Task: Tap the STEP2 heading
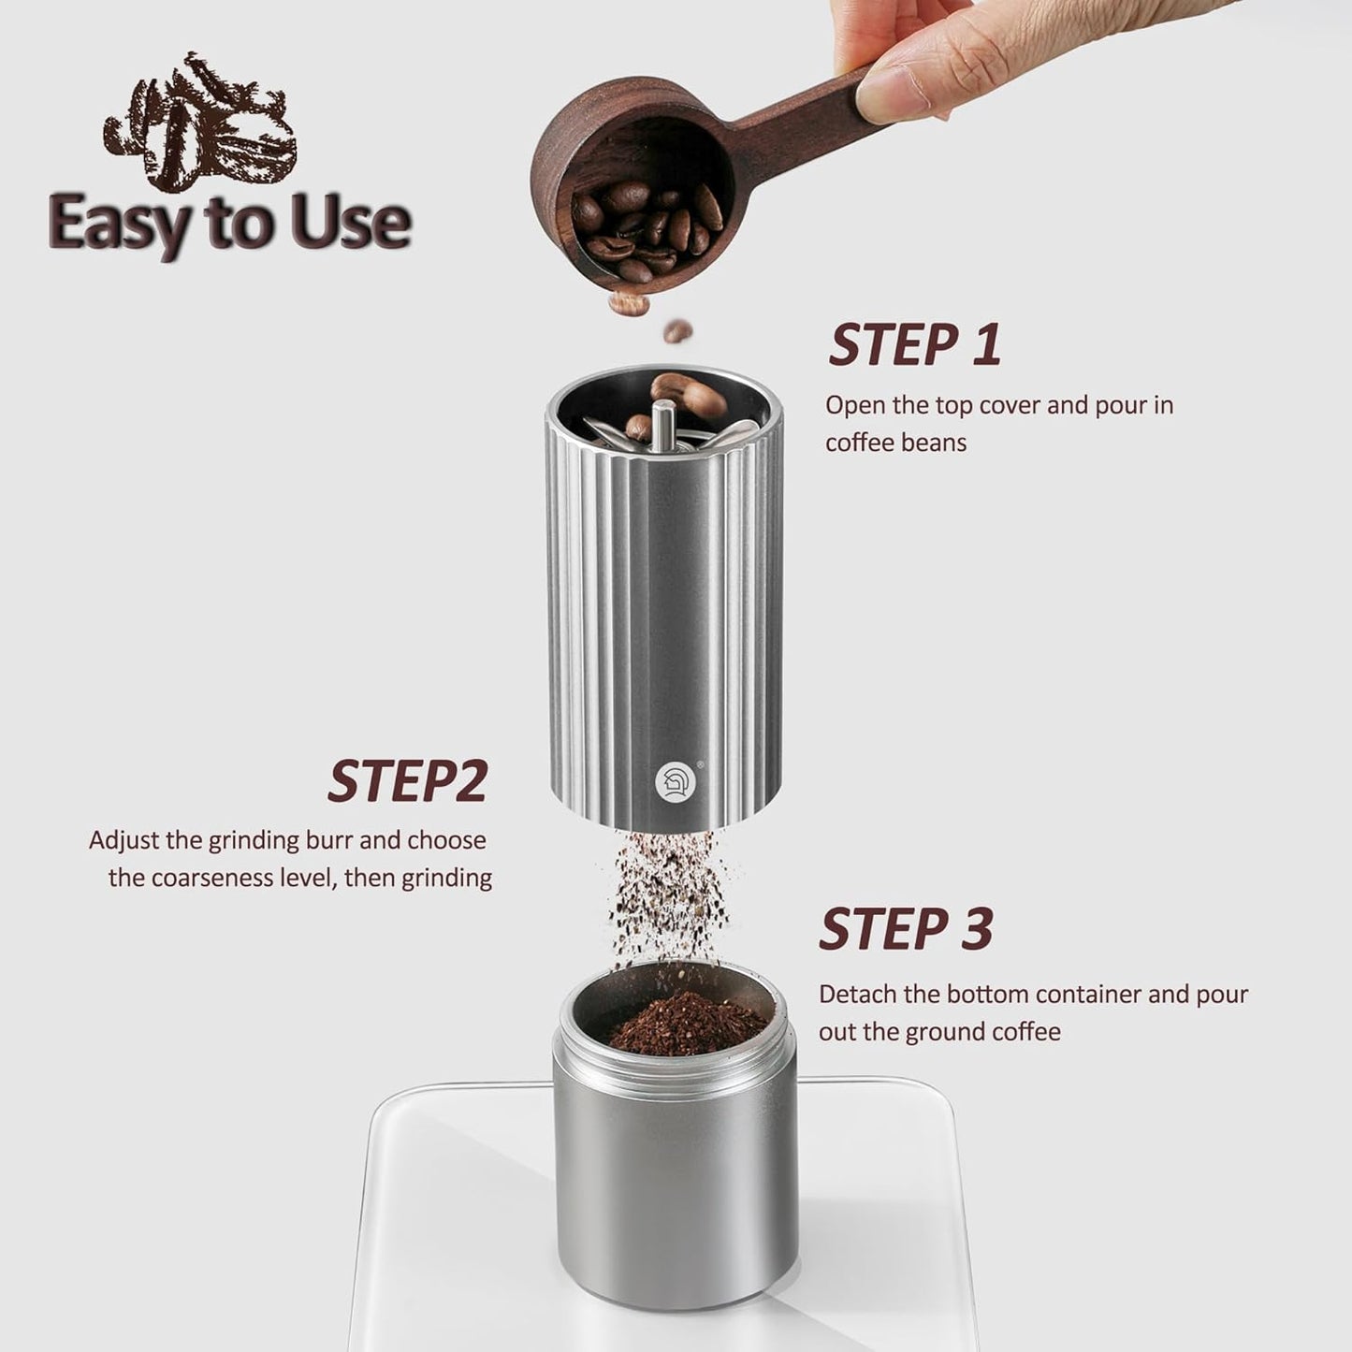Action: tap(408, 782)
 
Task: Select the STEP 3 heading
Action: tap(906, 929)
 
